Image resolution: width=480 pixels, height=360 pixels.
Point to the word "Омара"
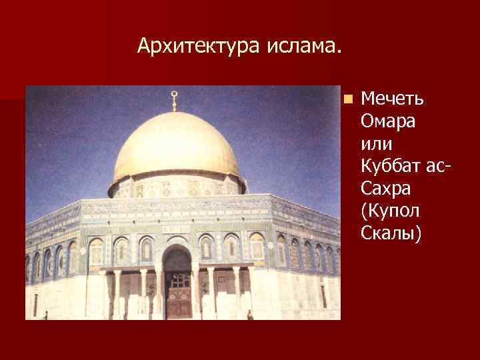tap(387, 122)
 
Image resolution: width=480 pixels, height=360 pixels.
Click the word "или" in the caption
tap(376, 144)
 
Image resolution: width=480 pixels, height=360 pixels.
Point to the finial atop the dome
tap(175, 100)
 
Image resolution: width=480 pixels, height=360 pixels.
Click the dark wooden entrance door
tap(178, 297)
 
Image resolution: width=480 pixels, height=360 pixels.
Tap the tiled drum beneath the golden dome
tap(177, 187)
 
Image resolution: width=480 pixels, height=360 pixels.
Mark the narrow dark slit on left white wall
tap(35, 304)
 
